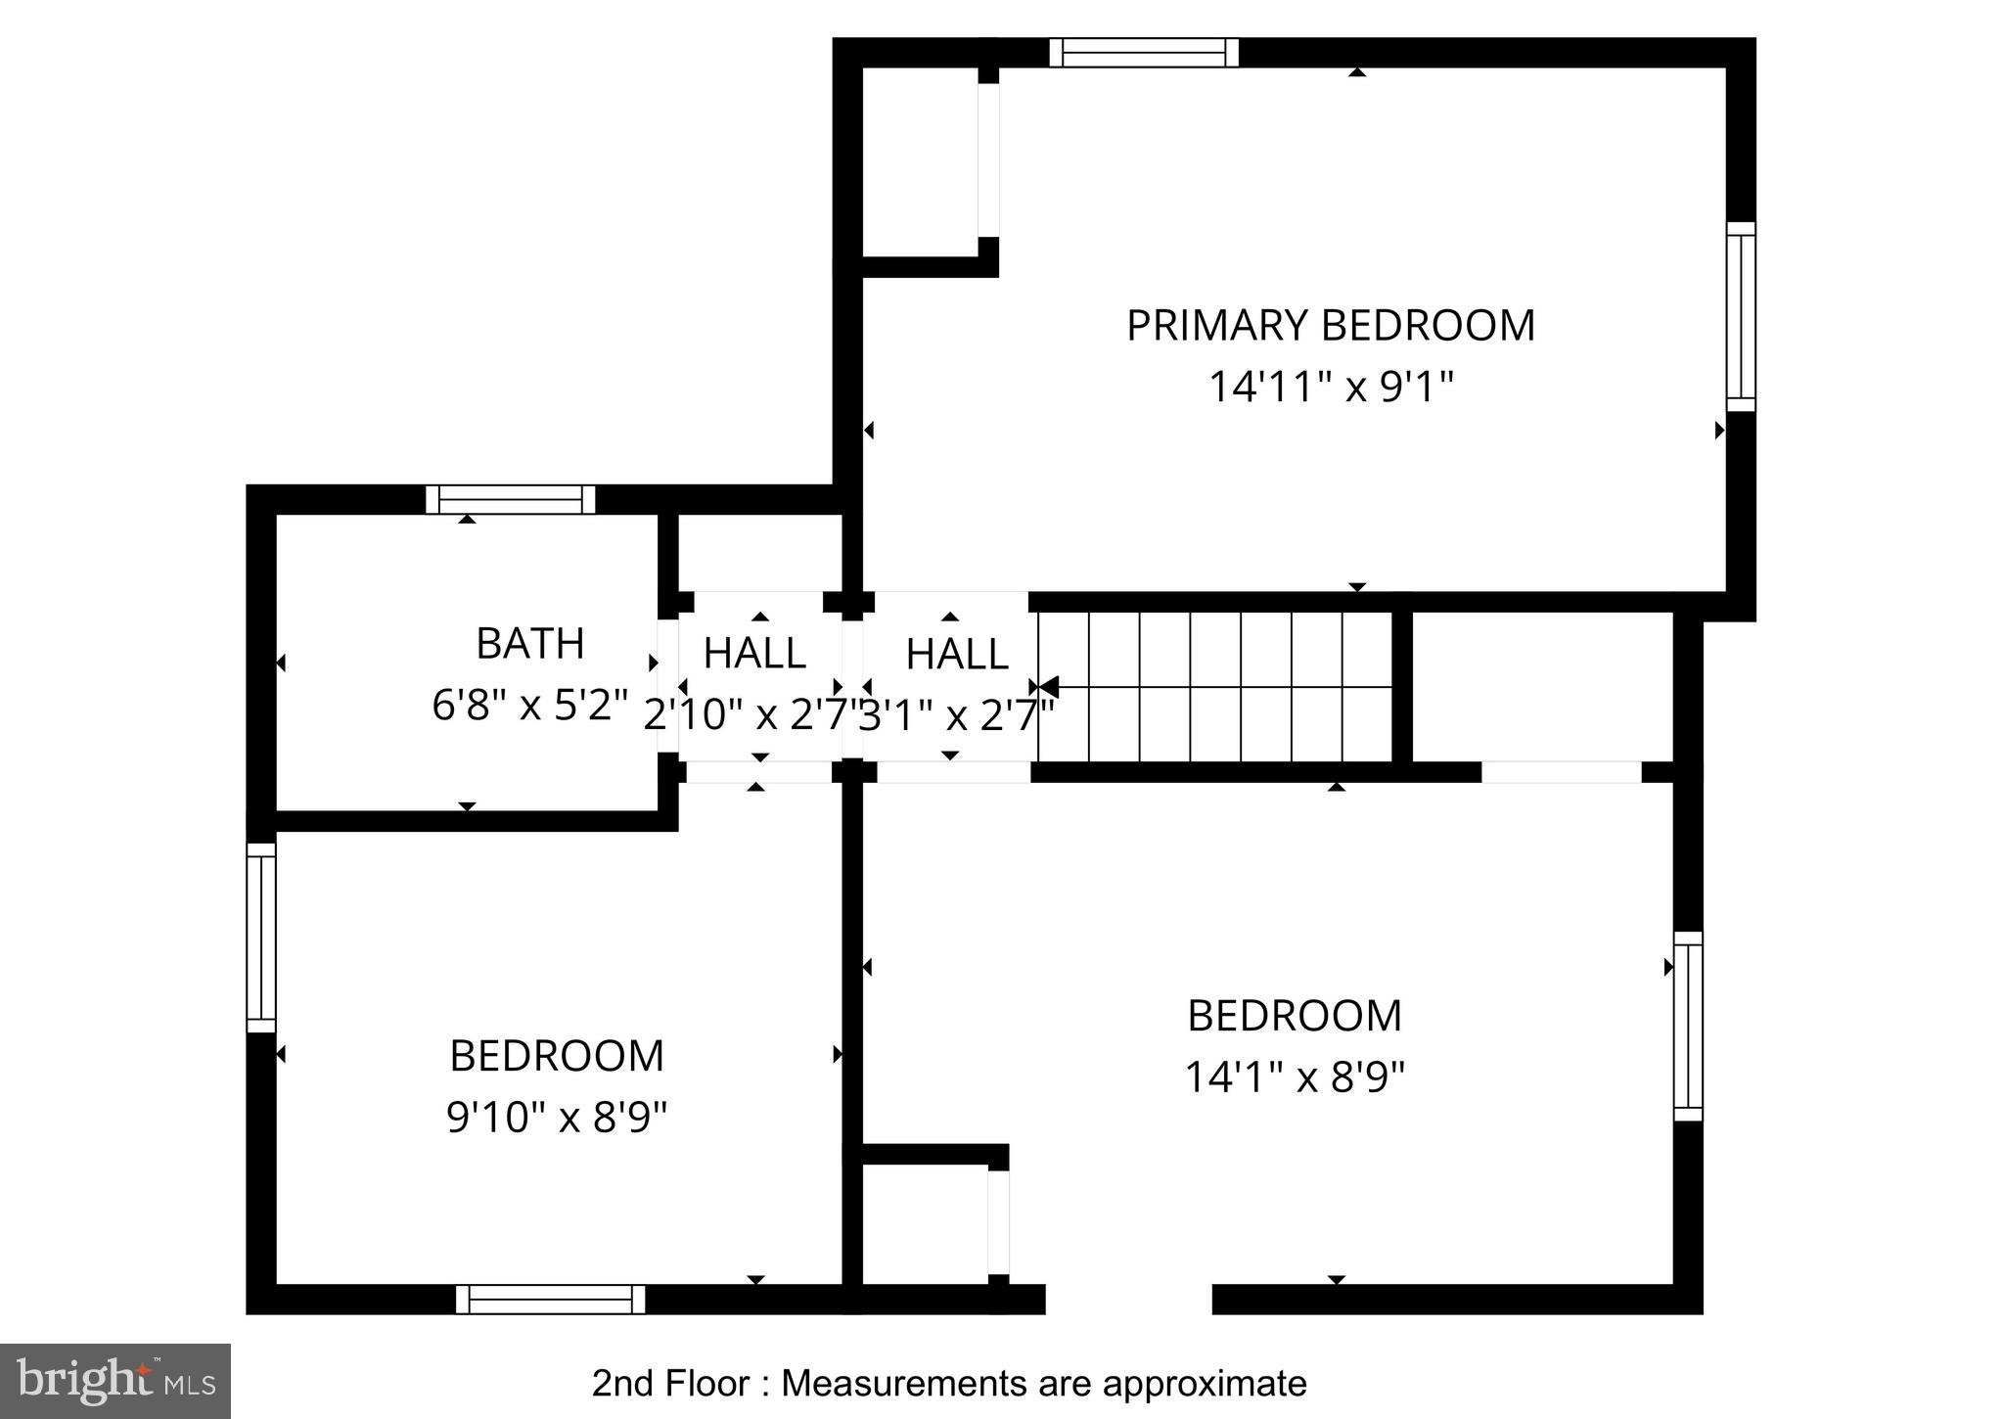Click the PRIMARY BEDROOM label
(1330, 326)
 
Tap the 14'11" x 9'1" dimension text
(1330, 388)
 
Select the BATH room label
(529, 644)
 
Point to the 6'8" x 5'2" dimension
(529, 706)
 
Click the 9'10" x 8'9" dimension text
(556, 1117)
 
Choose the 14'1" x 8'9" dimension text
(1294, 1077)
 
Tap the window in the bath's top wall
(510, 500)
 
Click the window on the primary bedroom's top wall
(1143, 52)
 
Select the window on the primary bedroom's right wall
(1740, 316)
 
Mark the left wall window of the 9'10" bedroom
(261, 938)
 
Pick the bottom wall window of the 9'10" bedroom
(550, 1299)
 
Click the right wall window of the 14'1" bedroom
(1687, 1026)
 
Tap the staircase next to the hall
(1213, 687)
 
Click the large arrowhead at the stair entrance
(1048, 687)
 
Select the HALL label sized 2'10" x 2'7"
(754, 654)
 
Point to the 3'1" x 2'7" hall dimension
(955, 716)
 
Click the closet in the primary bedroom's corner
(920, 161)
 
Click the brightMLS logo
(115, 1381)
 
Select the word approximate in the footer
(1204, 1384)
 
